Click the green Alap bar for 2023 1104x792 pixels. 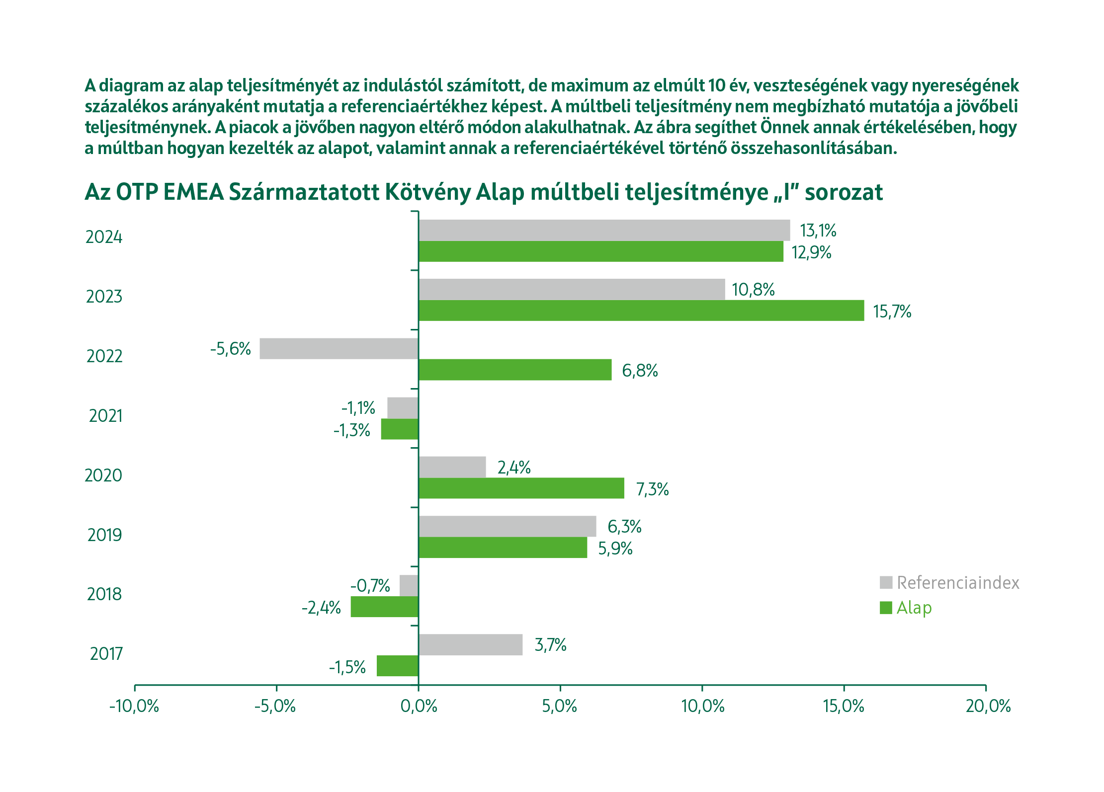point(641,311)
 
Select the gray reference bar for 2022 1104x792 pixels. point(339,348)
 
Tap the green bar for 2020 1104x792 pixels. point(521,488)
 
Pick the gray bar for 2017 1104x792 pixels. point(470,644)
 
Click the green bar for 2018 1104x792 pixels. point(384,607)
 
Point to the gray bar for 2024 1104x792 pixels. point(604,230)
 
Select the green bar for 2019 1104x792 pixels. point(503,548)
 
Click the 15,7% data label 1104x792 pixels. point(892,312)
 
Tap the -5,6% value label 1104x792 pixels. point(230,349)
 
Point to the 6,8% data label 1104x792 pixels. point(640,371)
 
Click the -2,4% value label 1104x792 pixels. point(321,608)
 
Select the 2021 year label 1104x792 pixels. point(105,416)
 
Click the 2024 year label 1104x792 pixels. point(104,237)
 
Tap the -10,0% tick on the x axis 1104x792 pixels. point(134,706)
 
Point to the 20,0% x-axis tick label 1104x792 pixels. point(988,706)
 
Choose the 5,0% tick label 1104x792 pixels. point(560,706)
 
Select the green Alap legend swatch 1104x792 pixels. point(886,608)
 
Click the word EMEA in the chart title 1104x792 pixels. point(193,192)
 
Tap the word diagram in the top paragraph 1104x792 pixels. point(132,86)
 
